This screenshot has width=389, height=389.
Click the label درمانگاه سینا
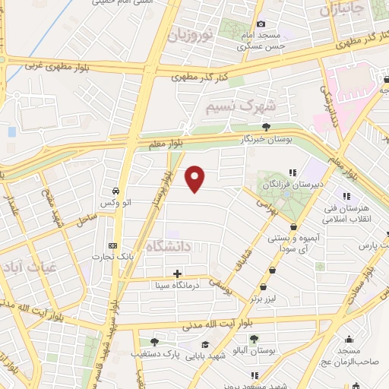coord(177,286)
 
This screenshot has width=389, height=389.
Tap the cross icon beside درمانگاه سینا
coord(177,274)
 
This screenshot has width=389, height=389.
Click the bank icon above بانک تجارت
coord(113,246)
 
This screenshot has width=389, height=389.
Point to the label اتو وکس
coord(114,203)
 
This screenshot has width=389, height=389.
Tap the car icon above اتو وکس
coord(114,191)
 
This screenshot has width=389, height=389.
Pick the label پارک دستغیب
coord(157,354)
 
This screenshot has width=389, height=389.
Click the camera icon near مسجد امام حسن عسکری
coord(261,24)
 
